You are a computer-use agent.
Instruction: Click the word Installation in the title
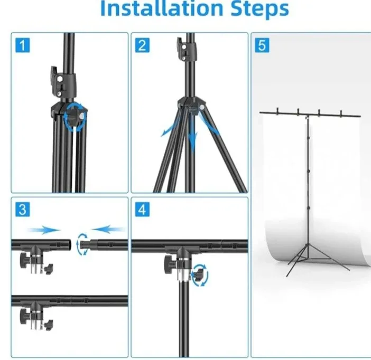pyautogui.click(x=153, y=10)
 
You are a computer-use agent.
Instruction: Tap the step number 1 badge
pyautogui.click(x=22, y=45)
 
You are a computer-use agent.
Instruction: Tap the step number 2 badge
pyautogui.click(x=141, y=45)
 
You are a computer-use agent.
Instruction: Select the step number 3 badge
pyautogui.click(x=22, y=210)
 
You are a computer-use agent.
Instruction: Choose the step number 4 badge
pyautogui.click(x=141, y=210)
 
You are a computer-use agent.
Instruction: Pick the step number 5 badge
pyautogui.click(x=261, y=45)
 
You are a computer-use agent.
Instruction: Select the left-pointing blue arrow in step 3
pyautogui.click(x=109, y=229)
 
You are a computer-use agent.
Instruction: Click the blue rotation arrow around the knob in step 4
pyautogui.click(x=200, y=276)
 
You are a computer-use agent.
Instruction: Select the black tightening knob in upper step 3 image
pyautogui.click(x=26, y=260)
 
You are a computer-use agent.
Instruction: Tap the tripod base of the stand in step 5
pyautogui.click(x=307, y=261)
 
